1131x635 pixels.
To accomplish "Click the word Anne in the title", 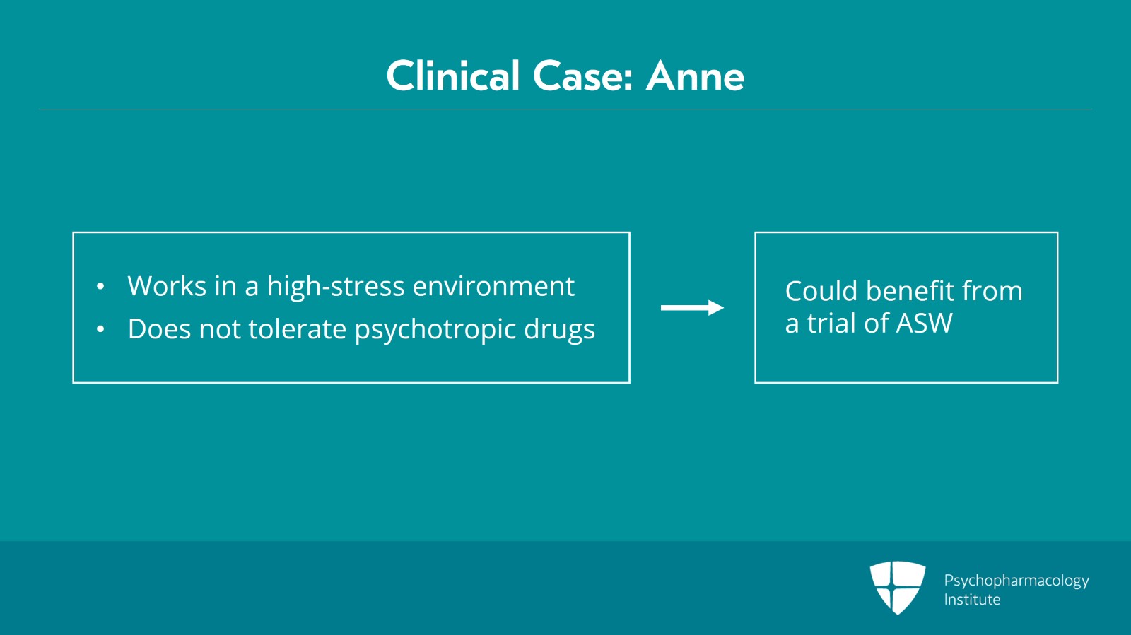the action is pos(696,77).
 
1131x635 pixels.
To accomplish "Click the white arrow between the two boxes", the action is pos(692,308).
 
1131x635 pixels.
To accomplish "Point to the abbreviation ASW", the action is pos(924,323).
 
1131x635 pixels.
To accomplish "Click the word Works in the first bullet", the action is pos(167,286).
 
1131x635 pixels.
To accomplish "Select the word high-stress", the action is pos(336,287).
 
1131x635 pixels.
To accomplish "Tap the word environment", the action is pos(494,287).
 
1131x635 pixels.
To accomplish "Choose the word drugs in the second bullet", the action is pos(559,330).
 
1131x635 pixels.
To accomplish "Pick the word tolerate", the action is pos(298,329).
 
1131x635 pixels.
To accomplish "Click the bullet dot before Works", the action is pos(100,287).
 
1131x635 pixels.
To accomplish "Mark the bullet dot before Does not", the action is pos(100,329).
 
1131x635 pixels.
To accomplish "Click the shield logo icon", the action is pos(898,588).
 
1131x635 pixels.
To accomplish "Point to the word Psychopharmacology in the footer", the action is pos(1016,581).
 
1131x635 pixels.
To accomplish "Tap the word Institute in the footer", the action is pos(972,600).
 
